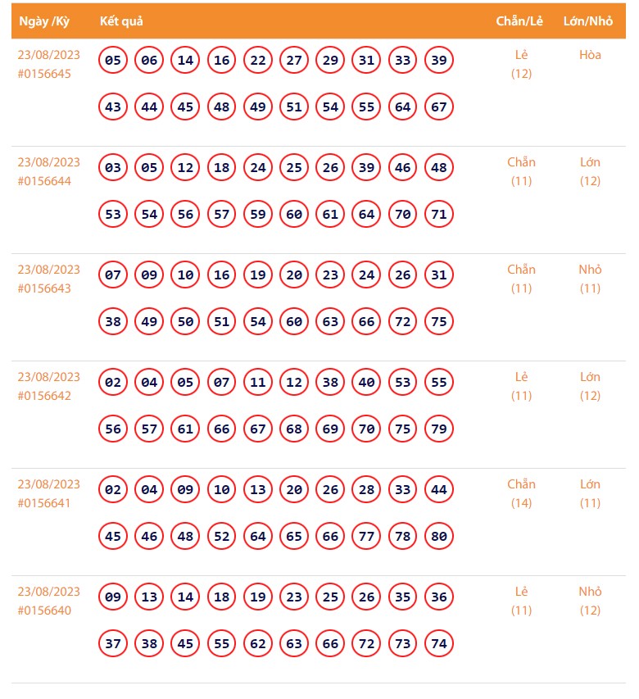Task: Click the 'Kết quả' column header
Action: tap(121, 20)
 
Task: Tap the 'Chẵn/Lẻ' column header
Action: tap(519, 20)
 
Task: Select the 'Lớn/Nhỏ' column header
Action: tap(588, 20)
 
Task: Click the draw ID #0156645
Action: tap(44, 74)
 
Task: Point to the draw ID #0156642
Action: tap(44, 396)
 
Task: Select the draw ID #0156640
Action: tap(44, 610)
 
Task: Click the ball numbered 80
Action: tap(439, 537)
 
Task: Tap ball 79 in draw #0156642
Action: tap(439, 429)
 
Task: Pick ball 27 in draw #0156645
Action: tap(294, 60)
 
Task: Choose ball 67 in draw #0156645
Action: tap(439, 107)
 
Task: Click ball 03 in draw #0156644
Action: tap(113, 167)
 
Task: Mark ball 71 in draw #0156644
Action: tap(439, 215)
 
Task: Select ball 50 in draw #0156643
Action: tap(186, 322)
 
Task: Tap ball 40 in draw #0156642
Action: tap(367, 382)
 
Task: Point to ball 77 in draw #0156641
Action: tap(367, 537)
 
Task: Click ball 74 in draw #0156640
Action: tap(439, 644)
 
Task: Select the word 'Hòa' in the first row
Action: tap(590, 55)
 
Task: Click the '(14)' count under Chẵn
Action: tap(521, 503)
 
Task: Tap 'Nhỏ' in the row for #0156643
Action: tap(590, 270)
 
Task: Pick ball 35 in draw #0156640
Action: tap(403, 597)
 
